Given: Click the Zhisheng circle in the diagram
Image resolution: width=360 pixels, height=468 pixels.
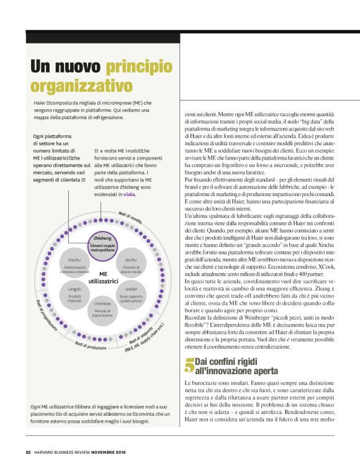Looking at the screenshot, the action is pos(102,241).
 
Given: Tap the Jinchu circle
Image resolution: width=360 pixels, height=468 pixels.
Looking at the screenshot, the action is pos(130,264).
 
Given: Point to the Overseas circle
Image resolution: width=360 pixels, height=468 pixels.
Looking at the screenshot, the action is pos(102,308).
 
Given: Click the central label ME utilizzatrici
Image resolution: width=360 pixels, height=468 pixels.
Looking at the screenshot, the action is pos(102,277).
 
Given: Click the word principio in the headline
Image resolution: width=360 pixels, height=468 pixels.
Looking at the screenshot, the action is pos(139,65).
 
